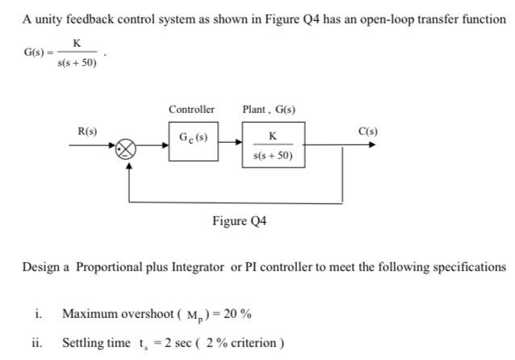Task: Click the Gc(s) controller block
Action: (193, 140)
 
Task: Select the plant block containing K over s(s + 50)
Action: (273, 144)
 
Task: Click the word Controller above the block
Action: (191, 109)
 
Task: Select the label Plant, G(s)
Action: (269, 109)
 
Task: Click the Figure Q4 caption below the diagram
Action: (239, 220)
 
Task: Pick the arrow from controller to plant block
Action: (229, 141)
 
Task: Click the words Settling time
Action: (96, 343)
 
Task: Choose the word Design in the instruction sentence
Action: (41, 266)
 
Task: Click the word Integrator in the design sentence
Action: (199, 266)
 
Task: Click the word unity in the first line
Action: (50, 19)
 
